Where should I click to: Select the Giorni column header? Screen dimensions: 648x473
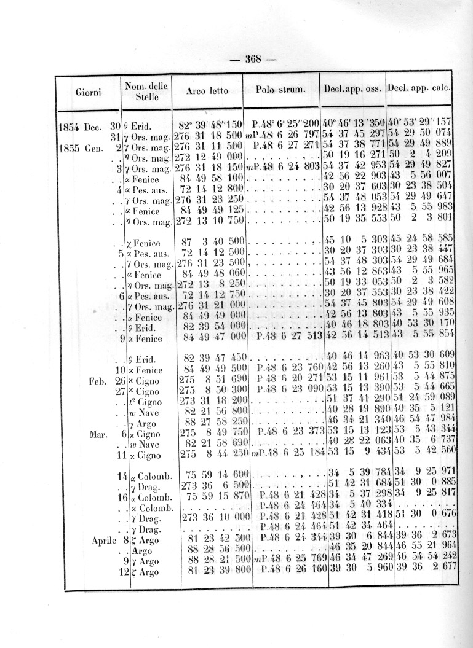[x=89, y=92]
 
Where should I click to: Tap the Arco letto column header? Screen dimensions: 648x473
[x=207, y=91]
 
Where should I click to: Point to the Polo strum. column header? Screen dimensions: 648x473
[x=280, y=90]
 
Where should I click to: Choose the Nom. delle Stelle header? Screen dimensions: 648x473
[x=146, y=92]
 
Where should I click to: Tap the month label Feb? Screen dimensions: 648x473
[x=100, y=380]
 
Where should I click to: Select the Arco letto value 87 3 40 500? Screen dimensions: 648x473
[x=211, y=242]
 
